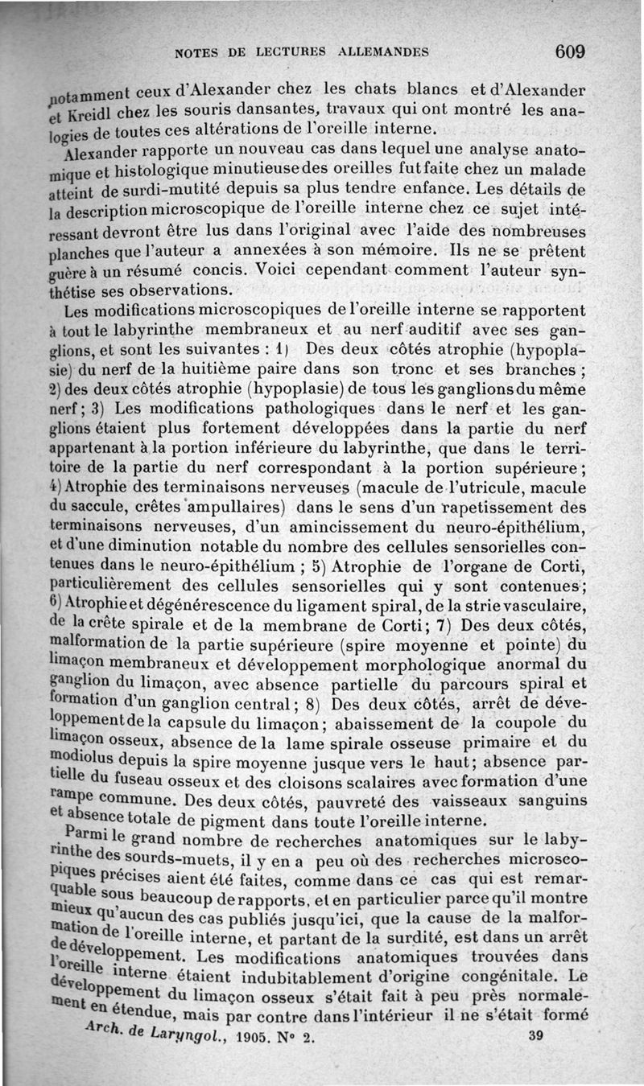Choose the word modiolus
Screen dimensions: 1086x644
[80, 760]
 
